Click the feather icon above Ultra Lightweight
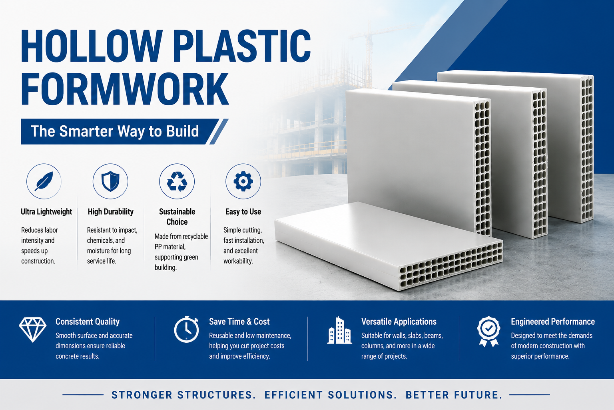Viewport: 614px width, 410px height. tap(44, 181)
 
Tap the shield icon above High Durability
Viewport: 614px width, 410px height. tap(110, 181)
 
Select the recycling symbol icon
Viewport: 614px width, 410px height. tap(177, 181)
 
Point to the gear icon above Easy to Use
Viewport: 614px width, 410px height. tap(243, 181)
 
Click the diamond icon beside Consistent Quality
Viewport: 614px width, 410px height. tap(33, 330)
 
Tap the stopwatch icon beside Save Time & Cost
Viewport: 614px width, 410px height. tap(186, 329)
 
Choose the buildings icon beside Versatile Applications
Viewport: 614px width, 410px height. tap(339, 330)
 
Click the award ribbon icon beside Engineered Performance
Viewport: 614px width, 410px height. tap(488, 331)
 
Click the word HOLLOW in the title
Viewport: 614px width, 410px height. tap(92, 46)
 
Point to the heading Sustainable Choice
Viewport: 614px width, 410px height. tap(177, 217)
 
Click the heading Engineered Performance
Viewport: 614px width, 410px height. tap(552, 322)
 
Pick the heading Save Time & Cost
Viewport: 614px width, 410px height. tap(239, 322)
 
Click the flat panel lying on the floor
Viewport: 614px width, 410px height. tap(389, 246)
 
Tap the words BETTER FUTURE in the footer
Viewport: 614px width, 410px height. tap(454, 395)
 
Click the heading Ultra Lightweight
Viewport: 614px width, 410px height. tap(46, 212)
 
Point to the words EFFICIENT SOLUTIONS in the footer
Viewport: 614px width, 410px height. tap(331, 395)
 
